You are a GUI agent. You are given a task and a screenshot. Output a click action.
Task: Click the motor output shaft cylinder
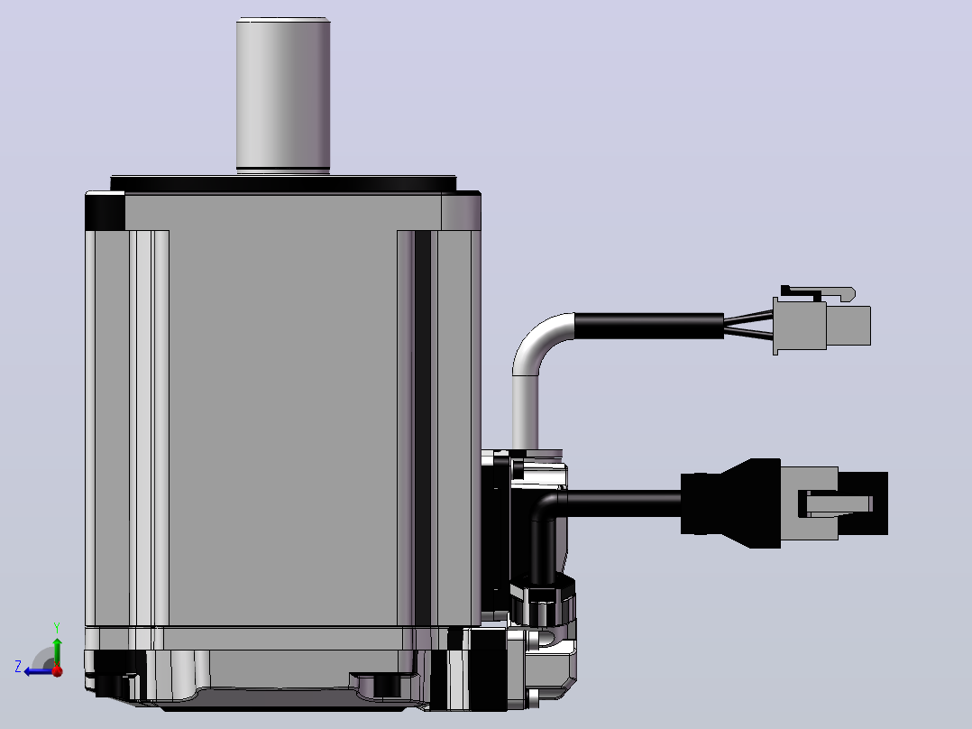click(x=283, y=96)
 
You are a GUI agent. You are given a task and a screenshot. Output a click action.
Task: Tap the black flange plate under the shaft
click(x=283, y=183)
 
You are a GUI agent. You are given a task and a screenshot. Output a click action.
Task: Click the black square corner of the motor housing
click(x=105, y=211)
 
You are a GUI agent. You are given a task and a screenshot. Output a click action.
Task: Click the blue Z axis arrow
click(x=39, y=671)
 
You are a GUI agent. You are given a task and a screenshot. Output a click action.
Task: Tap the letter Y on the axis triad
click(x=57, y=627)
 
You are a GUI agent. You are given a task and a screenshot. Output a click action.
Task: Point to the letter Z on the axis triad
click(x=18, y=667)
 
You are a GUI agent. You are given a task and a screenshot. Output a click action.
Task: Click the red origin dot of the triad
click(x=58, y=671)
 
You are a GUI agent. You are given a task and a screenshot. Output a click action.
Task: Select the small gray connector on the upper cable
click(x=822, y=325)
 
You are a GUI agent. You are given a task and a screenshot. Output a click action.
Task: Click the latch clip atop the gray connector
click(x=819, y=293)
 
